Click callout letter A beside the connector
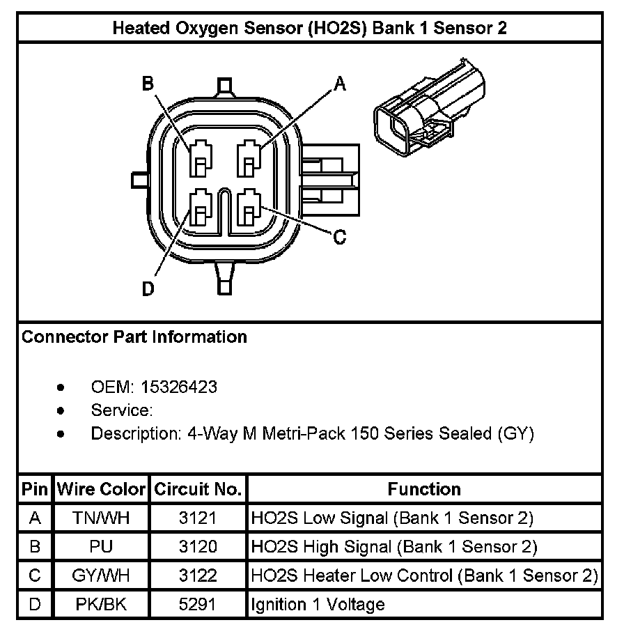coord(340,84)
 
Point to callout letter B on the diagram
coord(148,84)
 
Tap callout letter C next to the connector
coord(339,238)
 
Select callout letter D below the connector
coord(148,288)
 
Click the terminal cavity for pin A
coord(249,158)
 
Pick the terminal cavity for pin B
coord(201,158)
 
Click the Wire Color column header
coord(101,489)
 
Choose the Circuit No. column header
coord(198,489)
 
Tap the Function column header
coord(424,489)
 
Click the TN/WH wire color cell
coord(101,518)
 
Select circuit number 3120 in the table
coord(198,547)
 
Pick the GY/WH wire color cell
coord(101,575)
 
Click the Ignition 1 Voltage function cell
coord(318,604)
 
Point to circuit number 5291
coord(198,604)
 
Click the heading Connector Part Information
coord(134,337)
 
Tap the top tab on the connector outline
coord(224,87)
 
